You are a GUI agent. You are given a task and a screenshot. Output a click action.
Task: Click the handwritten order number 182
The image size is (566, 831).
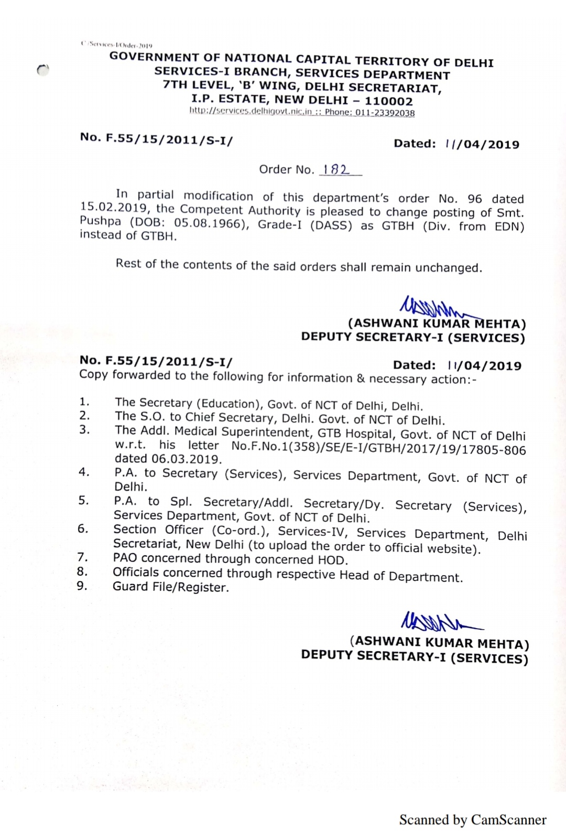coord(336,169)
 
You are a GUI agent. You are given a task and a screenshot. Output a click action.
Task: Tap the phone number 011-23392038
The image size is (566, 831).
coord(385,113)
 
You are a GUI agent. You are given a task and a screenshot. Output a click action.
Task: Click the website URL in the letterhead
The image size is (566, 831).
coord(251,111)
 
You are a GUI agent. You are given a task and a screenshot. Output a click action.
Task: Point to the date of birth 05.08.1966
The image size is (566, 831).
coord(210,223)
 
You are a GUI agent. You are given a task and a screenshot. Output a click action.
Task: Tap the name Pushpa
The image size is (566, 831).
coord(100,221)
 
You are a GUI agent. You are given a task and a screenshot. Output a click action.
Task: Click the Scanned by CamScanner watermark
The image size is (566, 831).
coord(473,819)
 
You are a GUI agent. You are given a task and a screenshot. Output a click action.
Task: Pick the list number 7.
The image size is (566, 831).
coord(82,557)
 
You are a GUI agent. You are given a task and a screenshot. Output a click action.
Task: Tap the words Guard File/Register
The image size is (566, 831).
coord(171,587)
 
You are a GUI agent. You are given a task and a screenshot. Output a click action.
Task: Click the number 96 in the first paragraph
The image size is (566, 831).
coord(474,199)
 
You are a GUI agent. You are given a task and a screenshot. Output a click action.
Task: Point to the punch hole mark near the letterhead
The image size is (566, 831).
coord(43,70)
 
